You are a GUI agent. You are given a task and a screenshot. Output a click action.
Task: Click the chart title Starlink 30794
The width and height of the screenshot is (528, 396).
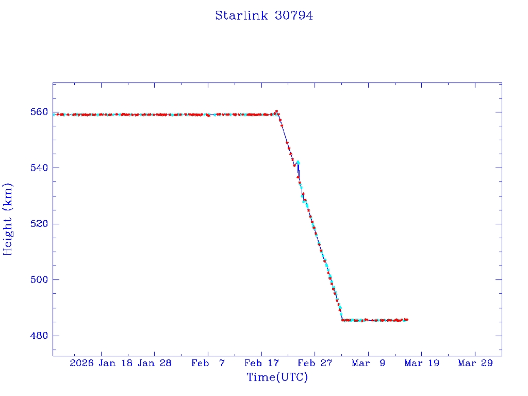(x=264, y=15)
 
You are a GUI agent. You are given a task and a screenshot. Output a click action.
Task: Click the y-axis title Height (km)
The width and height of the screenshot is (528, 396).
(x=8, y=219)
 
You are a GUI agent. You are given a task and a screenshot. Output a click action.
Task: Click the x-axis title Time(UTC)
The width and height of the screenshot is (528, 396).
(x=277, y=377)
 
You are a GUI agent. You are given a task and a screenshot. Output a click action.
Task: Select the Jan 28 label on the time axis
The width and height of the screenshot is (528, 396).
(x=155, y=363)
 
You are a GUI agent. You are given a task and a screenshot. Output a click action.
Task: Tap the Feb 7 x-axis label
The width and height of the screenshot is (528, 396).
(x=208, y=363)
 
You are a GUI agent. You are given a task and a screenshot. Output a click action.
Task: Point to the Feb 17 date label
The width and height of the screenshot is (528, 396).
(x=261, y=363)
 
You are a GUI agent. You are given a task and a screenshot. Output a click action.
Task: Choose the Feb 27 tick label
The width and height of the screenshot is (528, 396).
(x=315, y=363)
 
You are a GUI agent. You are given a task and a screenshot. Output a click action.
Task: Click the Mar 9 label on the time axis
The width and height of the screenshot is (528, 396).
(x=368, y=363)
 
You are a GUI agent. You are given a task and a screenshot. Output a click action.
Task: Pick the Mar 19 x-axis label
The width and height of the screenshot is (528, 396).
(x=421, y=363)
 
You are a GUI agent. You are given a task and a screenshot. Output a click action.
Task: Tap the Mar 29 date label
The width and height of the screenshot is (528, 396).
(x=475, y=363)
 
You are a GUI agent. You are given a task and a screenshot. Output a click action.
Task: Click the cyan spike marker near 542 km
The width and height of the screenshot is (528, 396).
(x=298, y=162)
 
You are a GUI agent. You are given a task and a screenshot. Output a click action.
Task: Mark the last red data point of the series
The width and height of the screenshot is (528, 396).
(x=407, y=320)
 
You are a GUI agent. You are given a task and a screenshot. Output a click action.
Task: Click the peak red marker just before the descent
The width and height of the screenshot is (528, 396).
(x=277, y=111)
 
